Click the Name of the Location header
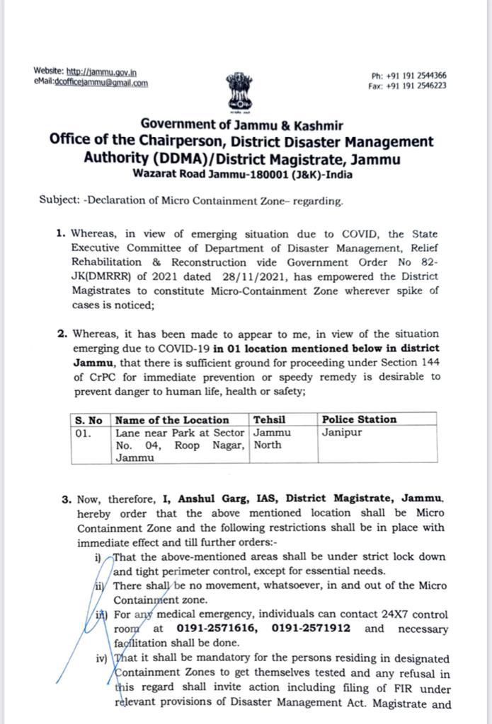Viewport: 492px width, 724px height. point(172,419)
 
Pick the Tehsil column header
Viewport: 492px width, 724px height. point(269,419)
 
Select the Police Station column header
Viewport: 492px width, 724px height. point(359,419)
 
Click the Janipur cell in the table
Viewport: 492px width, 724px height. point(343,432)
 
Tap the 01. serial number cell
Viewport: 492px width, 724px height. point(84,432)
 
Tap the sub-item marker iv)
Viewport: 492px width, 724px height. point(101,658)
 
